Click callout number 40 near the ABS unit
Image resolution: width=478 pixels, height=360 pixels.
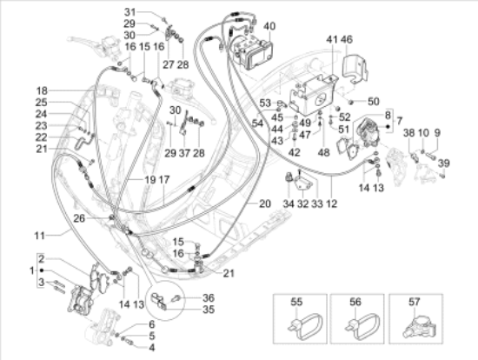[x=269, y=26]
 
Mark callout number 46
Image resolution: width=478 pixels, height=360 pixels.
[x=347, y=40]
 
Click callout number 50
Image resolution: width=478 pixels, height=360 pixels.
[x=374, y=102]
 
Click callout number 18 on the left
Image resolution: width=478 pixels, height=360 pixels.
[x=42, y=90]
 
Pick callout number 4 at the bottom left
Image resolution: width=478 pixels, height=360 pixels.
[x=153, y=346]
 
